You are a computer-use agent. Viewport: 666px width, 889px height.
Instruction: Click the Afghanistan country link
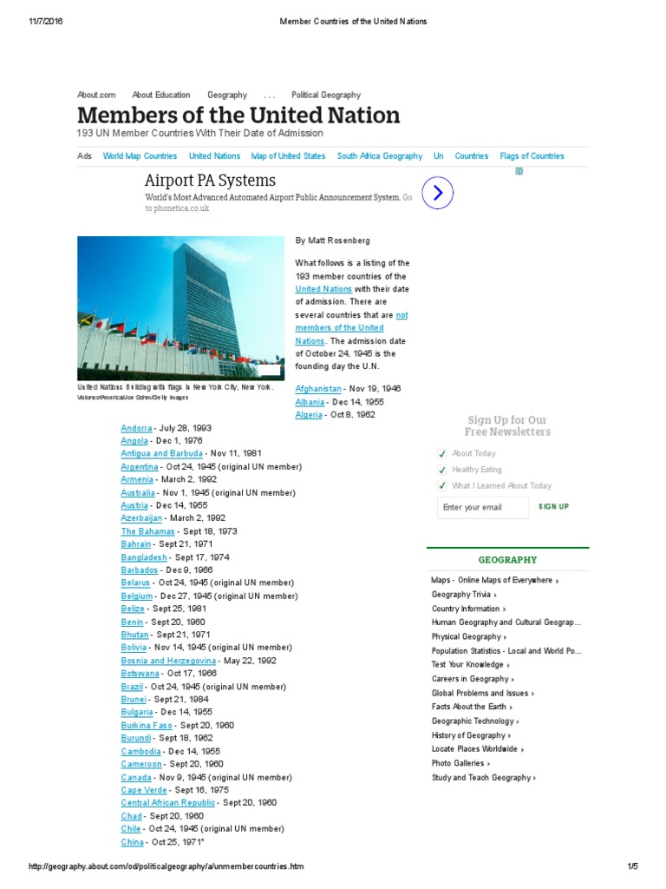(x=318, y=389)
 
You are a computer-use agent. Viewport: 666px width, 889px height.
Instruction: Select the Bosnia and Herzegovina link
(x=168, y=661)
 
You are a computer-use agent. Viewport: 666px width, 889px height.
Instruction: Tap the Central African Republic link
(x=168, y=803)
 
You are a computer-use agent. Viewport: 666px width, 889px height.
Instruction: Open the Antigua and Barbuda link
(x=162, y=453)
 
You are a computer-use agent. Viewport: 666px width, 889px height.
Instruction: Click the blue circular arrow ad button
(x=438, y=193)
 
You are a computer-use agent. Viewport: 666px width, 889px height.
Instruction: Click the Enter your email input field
(x=482, y=507)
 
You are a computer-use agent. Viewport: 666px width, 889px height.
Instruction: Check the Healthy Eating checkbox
(x=443, y=470)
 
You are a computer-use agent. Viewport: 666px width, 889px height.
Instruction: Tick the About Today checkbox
(x=443, y=453)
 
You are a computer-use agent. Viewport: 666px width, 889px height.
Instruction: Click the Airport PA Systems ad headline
(x=210, y=181)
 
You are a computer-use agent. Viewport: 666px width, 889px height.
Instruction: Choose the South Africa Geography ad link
(x=380, y=156)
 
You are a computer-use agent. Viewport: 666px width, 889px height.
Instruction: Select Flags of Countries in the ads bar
(x=532, y=156)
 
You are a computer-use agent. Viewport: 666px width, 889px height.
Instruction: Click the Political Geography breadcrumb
(x=326, y=95)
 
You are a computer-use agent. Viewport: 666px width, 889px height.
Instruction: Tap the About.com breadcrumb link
(x=96, y=95)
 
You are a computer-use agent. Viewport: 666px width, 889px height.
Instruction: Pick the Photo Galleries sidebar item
(x=456, y=763)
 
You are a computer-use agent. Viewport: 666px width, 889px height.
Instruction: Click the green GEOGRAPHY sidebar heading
(x=507, y=560)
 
